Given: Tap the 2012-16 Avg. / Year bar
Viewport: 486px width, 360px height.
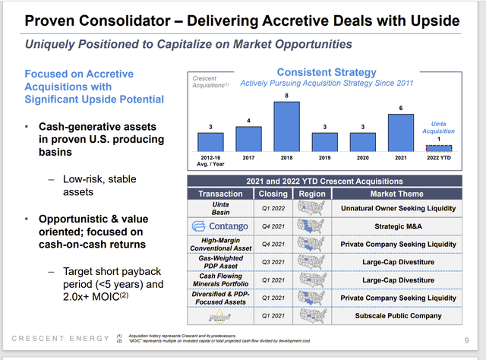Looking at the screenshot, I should click(210, 141).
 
